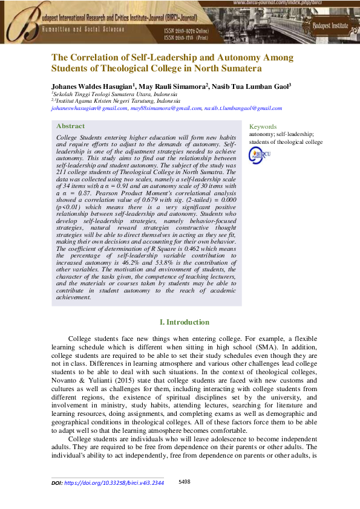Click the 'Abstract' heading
coord(70,126)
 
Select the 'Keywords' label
coord(263,127)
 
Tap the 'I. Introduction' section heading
coord(184,322)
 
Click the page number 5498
coord(185,482)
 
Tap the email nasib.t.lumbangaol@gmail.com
coord(243,109)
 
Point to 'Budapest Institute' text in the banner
coord(330,26)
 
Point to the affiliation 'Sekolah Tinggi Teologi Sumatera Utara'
coord(103,95)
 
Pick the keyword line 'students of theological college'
coord(286,143)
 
